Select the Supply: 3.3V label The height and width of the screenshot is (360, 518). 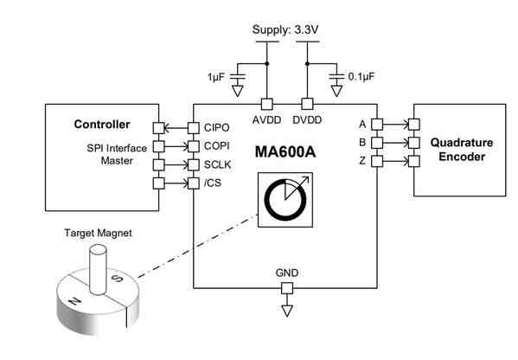pos(286,30)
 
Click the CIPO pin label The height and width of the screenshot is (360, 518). pos(215,126)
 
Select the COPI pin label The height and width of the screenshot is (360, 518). pos(215,145)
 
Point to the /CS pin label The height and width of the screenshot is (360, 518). pos(213,182)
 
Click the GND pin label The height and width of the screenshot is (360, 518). pos(287,273)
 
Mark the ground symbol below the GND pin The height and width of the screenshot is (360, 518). pos(288,310)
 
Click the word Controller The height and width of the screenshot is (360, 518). pos(102,124)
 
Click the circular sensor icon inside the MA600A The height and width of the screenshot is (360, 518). pos(282,199)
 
